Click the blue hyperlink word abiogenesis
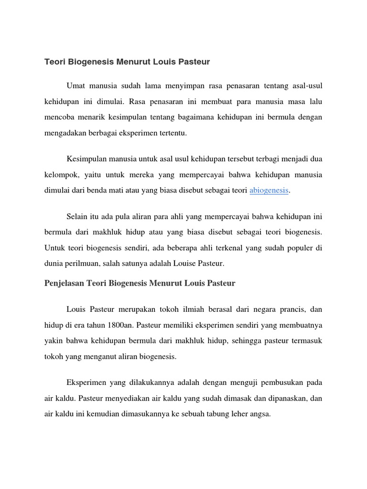(x=269, y=190)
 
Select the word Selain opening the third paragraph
(x=78, y=217)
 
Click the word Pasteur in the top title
(x=195, y=62)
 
